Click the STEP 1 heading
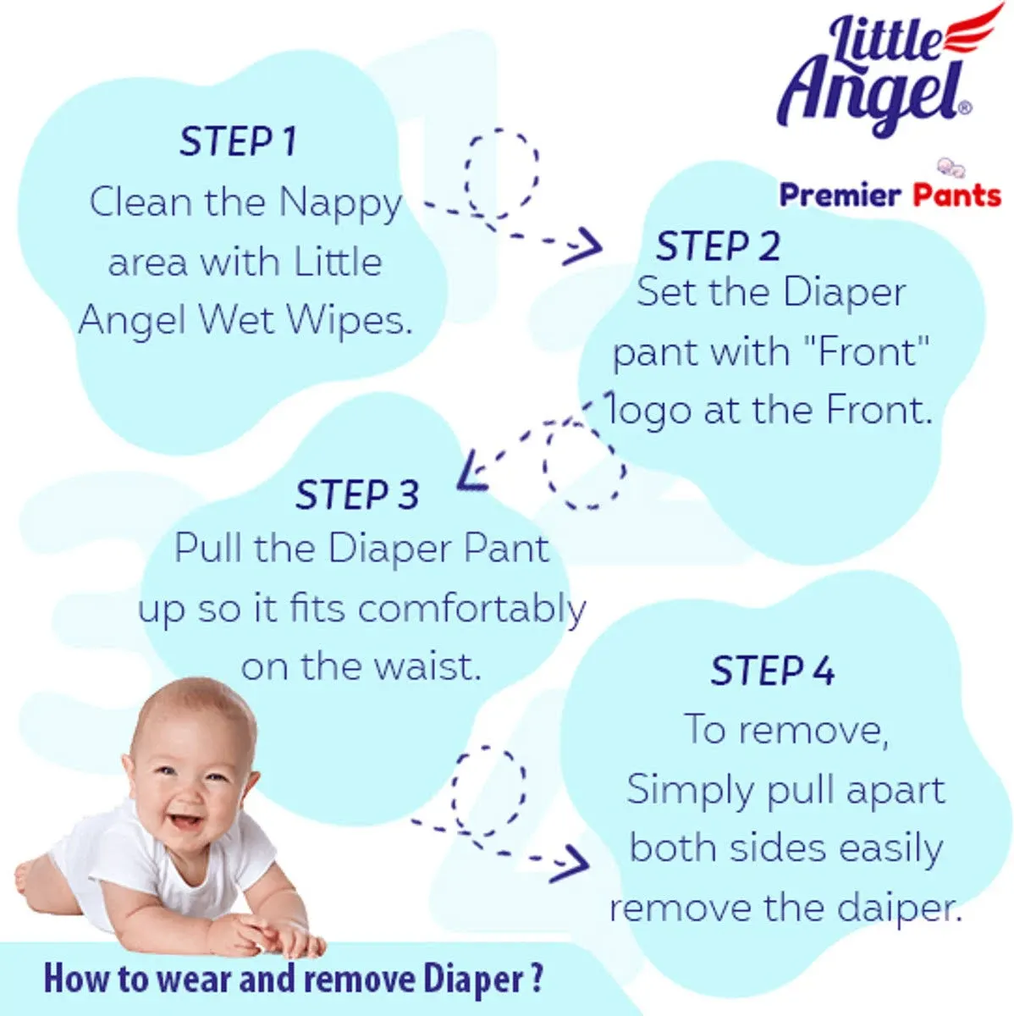tap(239, 141)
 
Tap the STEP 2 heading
tap(718, 246)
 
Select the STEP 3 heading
tap(357, 494)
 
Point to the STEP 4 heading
tap(773, 671)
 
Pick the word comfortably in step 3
tap(472, 610)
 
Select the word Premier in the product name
tap(840, 196)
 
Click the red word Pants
tap(956, 195)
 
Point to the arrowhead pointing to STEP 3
tap(469, 472)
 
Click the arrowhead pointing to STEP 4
tap(572, 864)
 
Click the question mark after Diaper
tap(537, 978)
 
